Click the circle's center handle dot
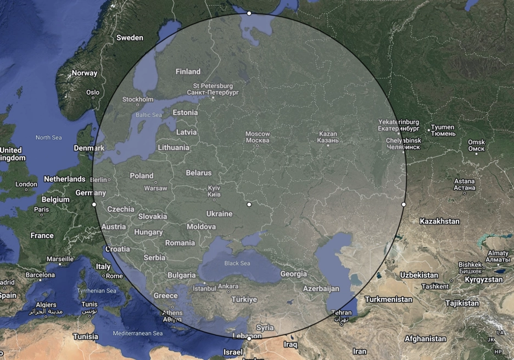[x=249, y=204]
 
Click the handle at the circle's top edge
[x=249, y=13]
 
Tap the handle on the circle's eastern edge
[x=404, y=204]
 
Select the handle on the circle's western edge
[x=94, y=204]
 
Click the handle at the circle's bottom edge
[x=249, y=339]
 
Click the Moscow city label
[x=258, y=137]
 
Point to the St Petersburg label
[x=213, y=89]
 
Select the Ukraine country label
[x=219, y=213]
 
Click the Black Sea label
[x=237, y=263]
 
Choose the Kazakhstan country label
[x=439, y=221]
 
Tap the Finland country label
[x=188, y=71]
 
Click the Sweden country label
[x=130, y=38]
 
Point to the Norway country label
[x=85, y=73]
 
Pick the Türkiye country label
[x=244, y=300]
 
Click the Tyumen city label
[x=443, y=130]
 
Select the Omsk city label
[x=476, y=145]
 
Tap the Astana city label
[x=464, y=184]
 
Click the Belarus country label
[x=198, y=173]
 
